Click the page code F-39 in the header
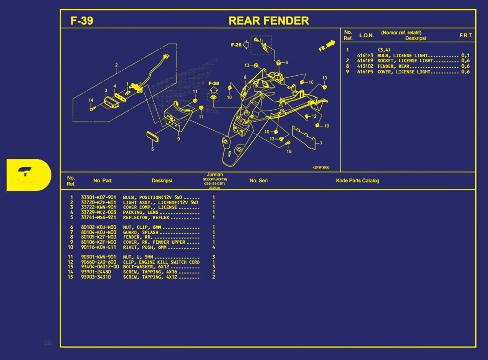[x=82, y=21]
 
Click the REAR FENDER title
[x=269, y=21]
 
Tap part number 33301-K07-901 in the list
[x=98, y=197]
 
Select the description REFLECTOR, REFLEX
[x=146, y=218]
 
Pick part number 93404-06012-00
[x=100, y=267]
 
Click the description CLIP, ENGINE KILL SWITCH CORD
[x=161, y=262]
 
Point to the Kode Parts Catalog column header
[x=357, y=180]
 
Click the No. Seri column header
[x=258, y=180]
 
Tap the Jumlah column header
[x=215, y=175]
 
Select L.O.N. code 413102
[x=365, y=66]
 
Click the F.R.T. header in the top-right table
[x=466, y=35]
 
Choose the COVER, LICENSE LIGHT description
[x=404, y=72]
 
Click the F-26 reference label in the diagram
[x=236, y=45]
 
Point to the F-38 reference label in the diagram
[x=214, y=83]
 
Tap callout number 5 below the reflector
[x=152, y=149]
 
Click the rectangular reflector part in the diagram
[x=152, y=136]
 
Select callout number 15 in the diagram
[x=289, y=151]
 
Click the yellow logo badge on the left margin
[x=28, y=175]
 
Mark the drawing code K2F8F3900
[x=321, y=167]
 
